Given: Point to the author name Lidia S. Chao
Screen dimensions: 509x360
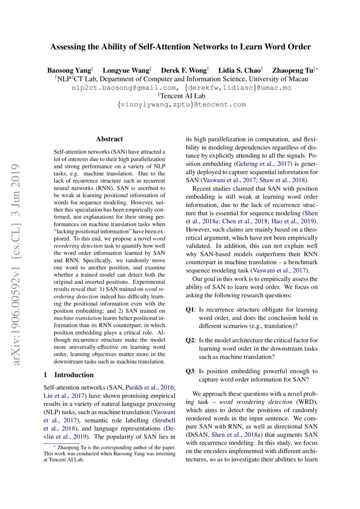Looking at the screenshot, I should (x=239, y=70).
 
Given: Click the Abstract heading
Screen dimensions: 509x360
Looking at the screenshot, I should (x=109, y=139).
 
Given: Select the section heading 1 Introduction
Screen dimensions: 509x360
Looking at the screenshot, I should (x=69, y=375).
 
